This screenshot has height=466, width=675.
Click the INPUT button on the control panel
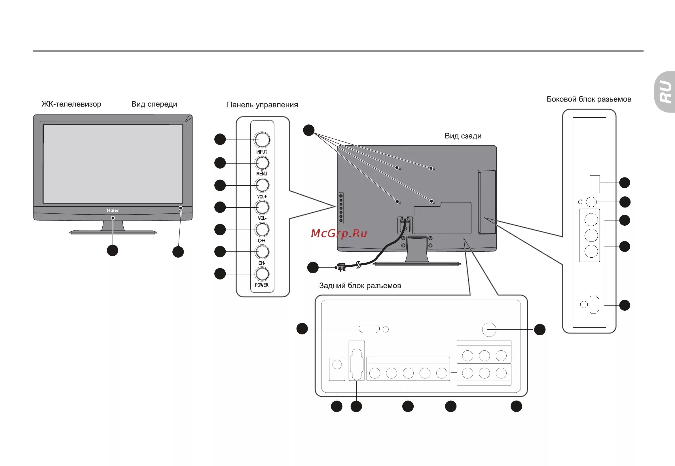(x=262, y=139)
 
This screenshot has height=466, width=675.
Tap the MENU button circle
(x=262, y=163)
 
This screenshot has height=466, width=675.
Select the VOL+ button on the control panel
(x=262, y=185)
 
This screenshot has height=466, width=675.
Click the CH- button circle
(x=262, y=252)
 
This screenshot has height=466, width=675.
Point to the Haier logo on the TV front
(x=113, y=210)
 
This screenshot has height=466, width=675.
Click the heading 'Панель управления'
(x=262, y=105)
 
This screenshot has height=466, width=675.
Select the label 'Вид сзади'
(x=463, y=136)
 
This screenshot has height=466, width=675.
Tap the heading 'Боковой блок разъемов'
(x=589, y=99)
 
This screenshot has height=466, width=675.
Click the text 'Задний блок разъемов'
(x=360, y=285)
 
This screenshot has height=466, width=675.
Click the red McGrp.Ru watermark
(x=339, y=233)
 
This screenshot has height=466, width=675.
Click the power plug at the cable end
(x=341, y=267)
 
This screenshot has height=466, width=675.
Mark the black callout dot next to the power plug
(x=313, y=267)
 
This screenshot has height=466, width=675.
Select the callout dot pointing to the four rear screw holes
(x=309, y=130)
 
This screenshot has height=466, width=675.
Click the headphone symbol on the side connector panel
(x=580, y=202)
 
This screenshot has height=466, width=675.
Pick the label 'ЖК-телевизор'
(x=71, y=104)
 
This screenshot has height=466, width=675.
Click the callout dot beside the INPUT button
(x=220, y=139)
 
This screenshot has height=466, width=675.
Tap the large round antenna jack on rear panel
(x=489, y=330)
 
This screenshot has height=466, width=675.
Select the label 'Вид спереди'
(x=154, y=104)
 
